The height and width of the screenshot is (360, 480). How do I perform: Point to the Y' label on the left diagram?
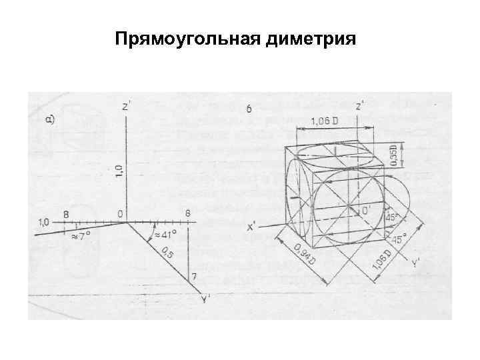(x=206, y=298)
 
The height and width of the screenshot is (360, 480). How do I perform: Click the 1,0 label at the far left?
(x=45, y=221)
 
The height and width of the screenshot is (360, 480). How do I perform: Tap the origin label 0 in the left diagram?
(x=119, y=214)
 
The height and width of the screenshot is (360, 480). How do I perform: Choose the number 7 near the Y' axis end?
(x=193, y=276)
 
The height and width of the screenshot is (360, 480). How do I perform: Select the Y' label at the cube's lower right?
(x=417, y=263)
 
